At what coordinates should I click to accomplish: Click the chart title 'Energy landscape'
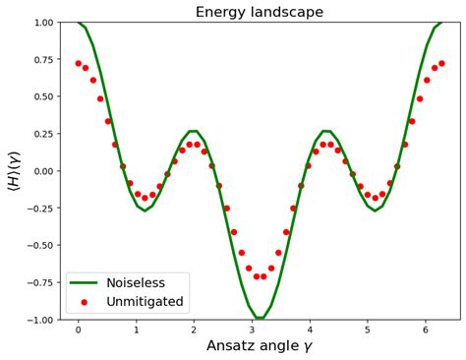259,12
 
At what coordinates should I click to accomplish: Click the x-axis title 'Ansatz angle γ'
259,345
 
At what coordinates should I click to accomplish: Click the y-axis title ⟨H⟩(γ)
14,171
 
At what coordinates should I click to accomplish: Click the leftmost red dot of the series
79,63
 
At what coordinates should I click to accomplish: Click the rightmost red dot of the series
441,63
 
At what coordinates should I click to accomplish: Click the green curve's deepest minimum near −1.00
260,319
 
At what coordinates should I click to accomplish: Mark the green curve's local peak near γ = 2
194,131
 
